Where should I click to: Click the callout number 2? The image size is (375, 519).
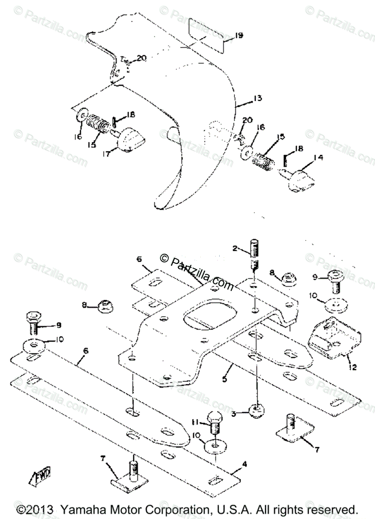click(x=235, y=249)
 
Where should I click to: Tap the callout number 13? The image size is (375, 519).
click(x=257, y=99)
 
